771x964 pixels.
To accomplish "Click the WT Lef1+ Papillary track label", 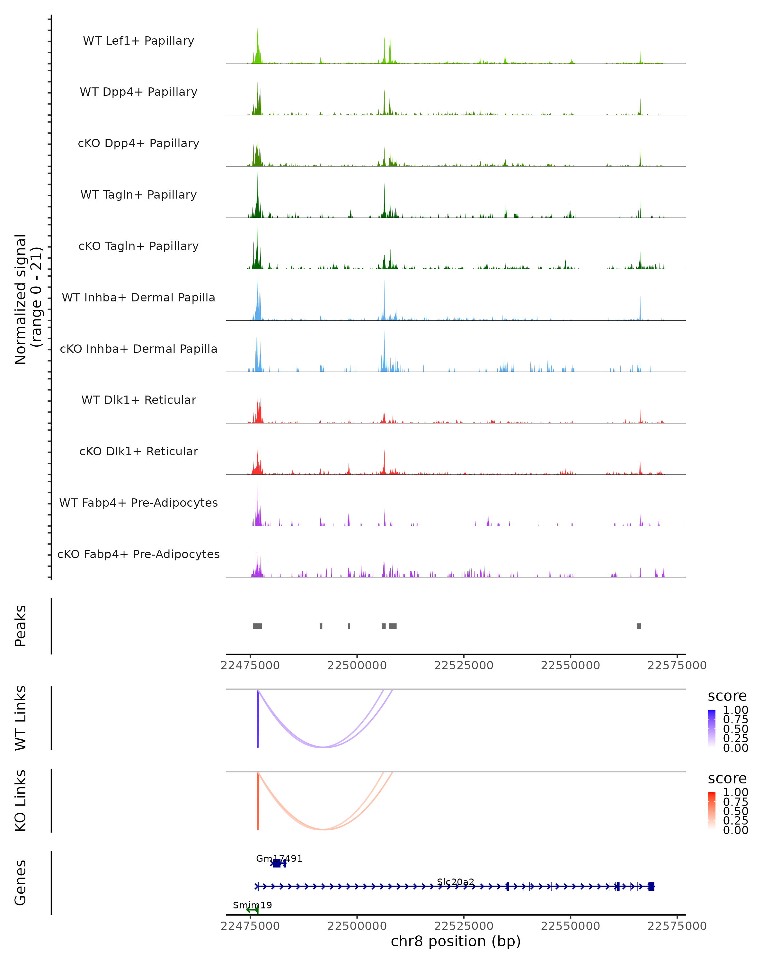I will coord(138,41).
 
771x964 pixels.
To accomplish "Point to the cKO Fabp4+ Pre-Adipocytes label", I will coord(138,554).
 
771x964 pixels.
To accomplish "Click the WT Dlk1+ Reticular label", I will coord(138,400).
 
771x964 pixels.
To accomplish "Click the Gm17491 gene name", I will coord(279,859).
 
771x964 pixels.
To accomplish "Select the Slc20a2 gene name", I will coord(456,882).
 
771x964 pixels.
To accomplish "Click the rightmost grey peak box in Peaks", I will coord(639,626).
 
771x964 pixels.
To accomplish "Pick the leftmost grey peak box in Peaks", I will coord(257,626).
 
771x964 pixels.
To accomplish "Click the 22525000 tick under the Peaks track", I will coord(464,665).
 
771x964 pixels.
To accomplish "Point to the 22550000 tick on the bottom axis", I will coord(570,926).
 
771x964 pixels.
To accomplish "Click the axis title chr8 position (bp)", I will coord(456,942).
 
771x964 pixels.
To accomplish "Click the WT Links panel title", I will coord(21,718).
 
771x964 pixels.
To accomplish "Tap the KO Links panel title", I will coord(21,801).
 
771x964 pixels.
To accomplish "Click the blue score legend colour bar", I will coord(712,728).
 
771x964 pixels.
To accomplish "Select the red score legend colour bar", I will coord(712,811).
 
